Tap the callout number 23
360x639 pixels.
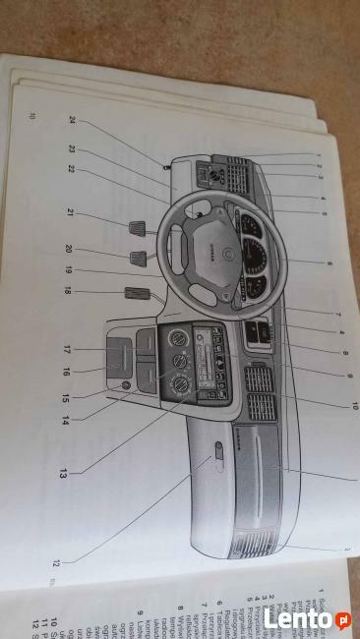click(72, 149)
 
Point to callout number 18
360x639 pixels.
click(67, 291)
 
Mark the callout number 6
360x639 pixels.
click(329, 263)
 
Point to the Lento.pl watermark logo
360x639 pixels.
click(305, 619)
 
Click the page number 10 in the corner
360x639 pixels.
click(34, 118)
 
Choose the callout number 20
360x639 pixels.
click(69, 250)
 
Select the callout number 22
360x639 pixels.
click(72, 168)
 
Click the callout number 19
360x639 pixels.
click(69, 268)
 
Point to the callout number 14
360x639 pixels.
click(65, 420)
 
